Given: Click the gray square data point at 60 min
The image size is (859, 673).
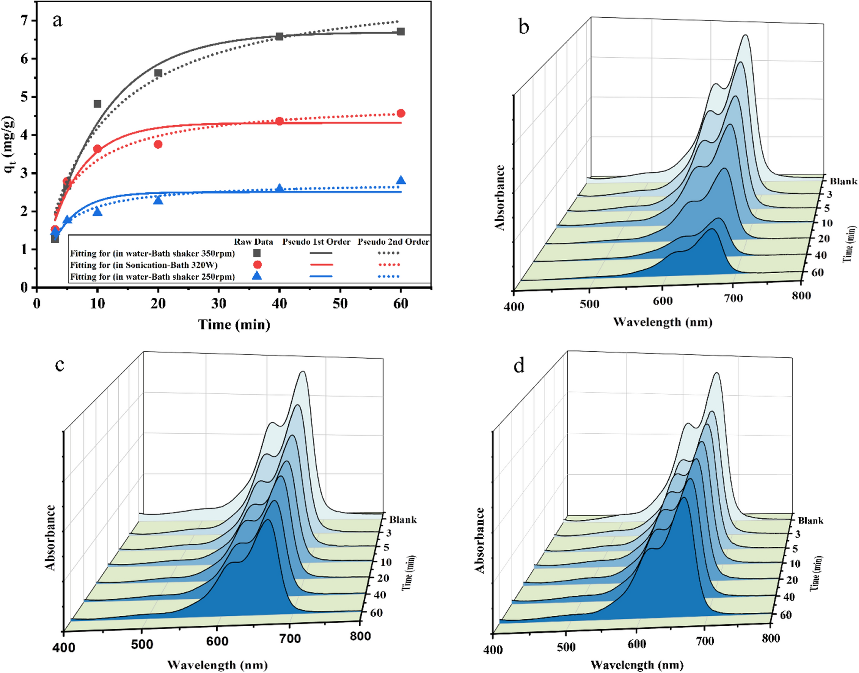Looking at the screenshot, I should (x=400, y=32).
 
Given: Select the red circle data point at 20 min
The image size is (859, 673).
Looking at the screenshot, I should (x=158, y=144).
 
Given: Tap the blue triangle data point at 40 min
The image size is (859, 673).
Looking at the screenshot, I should (x=280, y=188).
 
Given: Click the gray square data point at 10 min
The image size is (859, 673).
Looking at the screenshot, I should (x=98, y=104).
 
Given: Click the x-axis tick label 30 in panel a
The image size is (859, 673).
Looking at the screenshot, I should (x=219, y=304).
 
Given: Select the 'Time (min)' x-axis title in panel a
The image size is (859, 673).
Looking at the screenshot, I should (x=234, y=324).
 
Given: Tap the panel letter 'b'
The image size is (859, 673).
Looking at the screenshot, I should (x=524, y=27).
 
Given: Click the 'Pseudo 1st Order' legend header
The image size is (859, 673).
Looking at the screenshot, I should (x=316, y=242).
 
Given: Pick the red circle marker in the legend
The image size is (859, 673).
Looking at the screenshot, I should (x=257, y=265).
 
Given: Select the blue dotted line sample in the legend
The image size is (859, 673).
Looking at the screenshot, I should (x=389, y=276).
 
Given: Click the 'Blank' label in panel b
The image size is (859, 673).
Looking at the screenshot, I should (x=843, y=181).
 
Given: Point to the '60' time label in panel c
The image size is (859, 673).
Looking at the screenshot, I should (x=376, y=613).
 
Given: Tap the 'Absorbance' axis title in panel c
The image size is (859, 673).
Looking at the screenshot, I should (x=50, y=538).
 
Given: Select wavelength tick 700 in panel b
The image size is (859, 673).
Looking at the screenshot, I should (x=734, y=298).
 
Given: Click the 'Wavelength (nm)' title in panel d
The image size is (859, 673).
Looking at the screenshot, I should (x=637, y=665).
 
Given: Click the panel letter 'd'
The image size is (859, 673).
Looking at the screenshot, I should (x=519, y=366).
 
